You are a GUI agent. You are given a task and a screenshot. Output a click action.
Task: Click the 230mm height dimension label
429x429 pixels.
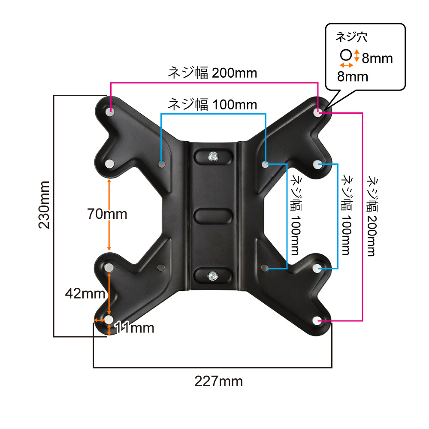[x=44, y=205]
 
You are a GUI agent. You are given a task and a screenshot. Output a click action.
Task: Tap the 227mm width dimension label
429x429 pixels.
[x=219, y=381]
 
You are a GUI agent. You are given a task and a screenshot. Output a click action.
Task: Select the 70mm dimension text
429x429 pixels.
[x=107, y=214]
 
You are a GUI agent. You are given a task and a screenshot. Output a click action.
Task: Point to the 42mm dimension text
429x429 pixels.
[x=85, y=293]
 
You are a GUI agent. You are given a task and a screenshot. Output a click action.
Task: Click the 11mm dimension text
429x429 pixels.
[x=134, y=327]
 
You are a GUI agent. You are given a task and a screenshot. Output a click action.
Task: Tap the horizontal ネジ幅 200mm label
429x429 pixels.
[x=213, y=73]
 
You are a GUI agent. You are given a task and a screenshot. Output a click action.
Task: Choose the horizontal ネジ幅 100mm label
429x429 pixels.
[x=213, y=105]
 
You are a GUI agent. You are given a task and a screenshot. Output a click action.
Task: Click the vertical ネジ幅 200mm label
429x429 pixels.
[x=372, y=216]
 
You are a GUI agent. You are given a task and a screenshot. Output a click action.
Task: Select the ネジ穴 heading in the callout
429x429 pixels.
[x=351, y=36]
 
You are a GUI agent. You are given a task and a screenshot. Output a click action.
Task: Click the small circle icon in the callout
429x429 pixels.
[x=346, y=55]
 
